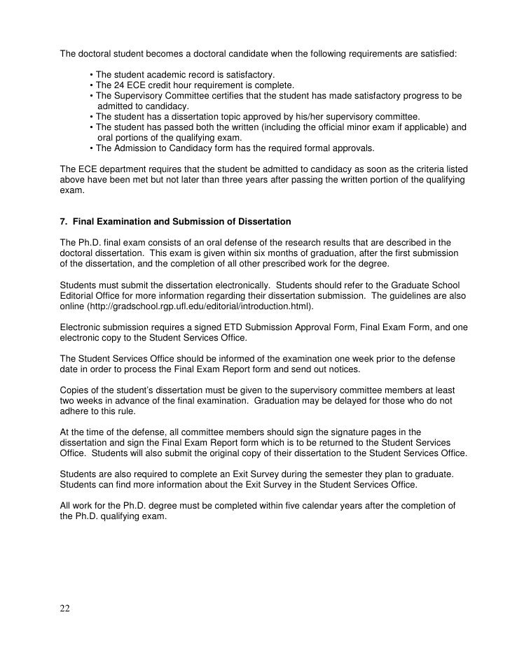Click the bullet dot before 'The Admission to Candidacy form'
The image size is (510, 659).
click(x=92, y=148)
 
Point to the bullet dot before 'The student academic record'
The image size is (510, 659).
click(x=92, y=75)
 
